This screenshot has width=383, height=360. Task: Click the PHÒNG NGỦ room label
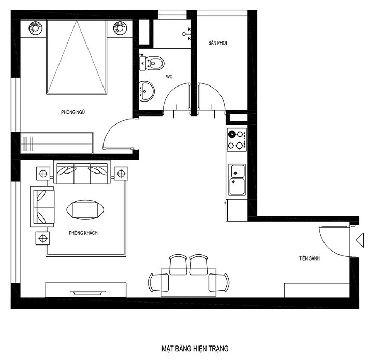point(73,112)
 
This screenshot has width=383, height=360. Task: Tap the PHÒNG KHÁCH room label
point(83,233)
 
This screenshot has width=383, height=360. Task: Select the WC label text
point(169,77)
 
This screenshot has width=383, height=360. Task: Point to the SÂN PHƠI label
point(217,43)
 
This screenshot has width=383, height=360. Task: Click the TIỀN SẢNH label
point(309,258)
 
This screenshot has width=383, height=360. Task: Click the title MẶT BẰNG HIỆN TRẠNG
point(195,348)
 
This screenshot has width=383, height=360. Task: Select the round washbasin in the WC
point(146,91)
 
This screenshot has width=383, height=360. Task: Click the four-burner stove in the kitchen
point(237,140)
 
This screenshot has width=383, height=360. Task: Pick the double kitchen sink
point(237,180)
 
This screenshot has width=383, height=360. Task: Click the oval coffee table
point(85,209)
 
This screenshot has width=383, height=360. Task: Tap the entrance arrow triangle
point(360,240)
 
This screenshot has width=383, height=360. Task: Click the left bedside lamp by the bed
point(36,28)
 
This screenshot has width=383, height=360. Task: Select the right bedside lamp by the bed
point(120,28)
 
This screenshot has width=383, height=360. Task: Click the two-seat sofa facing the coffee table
point(42,207)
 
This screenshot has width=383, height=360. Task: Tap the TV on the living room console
point(87,293)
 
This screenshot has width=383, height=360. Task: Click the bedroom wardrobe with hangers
point(56,143)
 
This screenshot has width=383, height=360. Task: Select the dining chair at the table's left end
point(158,282)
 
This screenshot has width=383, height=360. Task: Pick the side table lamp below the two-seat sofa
point(43,238)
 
